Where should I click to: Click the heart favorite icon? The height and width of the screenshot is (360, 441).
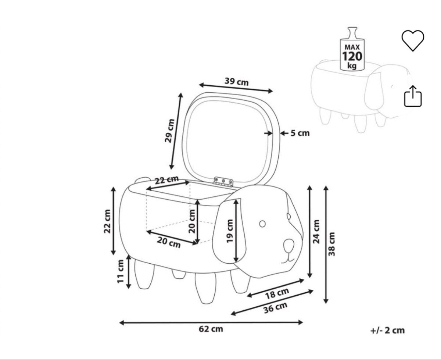[413, 40]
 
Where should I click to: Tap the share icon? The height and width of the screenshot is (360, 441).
[413, 96]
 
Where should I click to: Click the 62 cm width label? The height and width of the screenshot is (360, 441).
[211, 329]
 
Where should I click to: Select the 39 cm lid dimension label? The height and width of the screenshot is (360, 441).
[237, 82]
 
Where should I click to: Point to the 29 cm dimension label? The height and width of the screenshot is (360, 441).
[169, 131]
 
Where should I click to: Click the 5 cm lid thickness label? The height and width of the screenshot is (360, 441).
[300, 133]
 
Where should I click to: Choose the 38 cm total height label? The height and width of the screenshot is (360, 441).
[331, 244]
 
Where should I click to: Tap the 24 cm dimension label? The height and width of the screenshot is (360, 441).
[316, 232]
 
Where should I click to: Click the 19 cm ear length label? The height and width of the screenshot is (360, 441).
[230, 231]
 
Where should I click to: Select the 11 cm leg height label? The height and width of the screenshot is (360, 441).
[121, 271]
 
